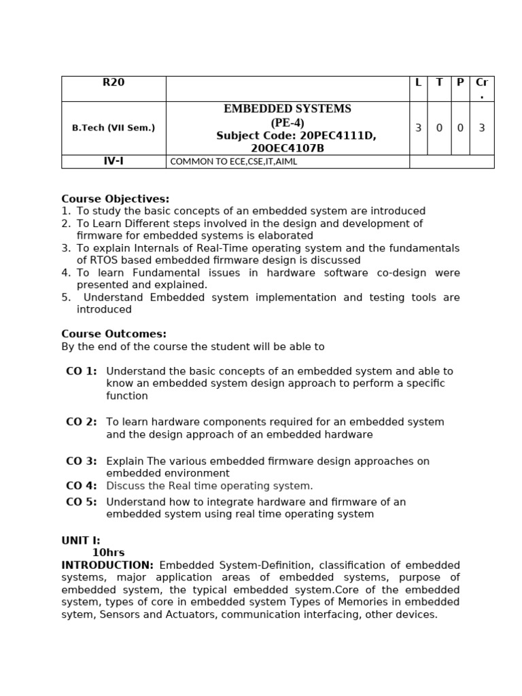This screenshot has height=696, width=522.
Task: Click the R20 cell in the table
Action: tap(114, 83)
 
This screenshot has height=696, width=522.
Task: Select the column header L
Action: tap(418, 83)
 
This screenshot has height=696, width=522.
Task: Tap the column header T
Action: tap(439, 83)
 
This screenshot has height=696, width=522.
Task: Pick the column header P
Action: tap(460, 83)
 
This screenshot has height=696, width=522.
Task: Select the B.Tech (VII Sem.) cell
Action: tap(114, 128)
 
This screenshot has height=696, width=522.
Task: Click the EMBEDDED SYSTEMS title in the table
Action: tap(288, 109)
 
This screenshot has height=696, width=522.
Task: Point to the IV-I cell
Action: tap(114, 161)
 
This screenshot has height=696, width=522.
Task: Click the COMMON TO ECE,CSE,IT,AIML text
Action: tap(233, 162)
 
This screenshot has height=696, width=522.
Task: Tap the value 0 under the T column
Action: tap(439, 128)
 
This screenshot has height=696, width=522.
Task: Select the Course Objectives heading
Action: tap(116, 199)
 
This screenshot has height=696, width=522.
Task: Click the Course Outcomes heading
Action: tap(114, 334)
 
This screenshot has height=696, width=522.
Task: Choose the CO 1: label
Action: tap(81, 371)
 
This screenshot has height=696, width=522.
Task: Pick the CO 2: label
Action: tap(81, 422)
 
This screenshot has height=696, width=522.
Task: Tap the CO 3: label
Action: tap(81, 462)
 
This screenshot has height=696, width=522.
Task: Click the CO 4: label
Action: tap(81, 486)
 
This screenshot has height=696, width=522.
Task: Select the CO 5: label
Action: tap(81, 502)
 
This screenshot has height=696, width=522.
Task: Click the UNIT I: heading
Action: tap(81, 541)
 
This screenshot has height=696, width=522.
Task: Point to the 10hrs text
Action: tap(109, 553)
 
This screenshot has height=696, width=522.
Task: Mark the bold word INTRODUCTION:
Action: tap(107, 565)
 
